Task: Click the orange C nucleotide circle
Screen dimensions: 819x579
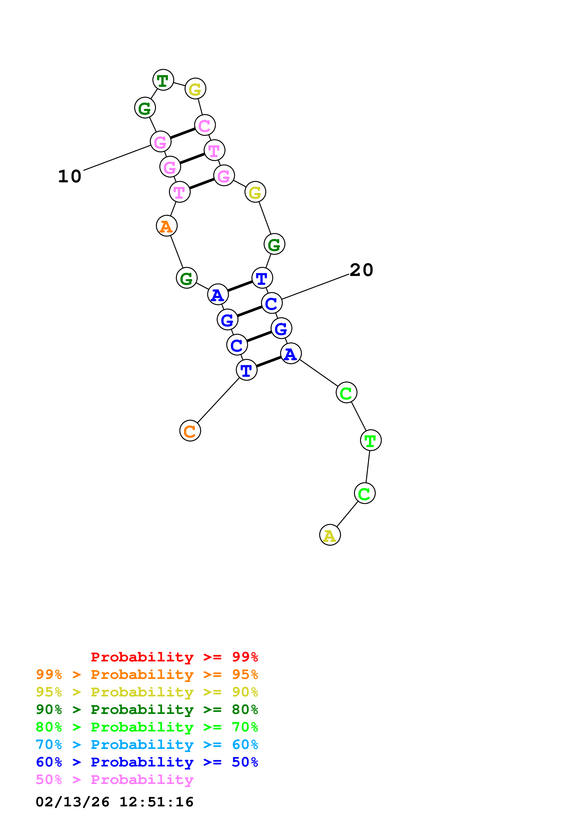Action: pyautogui.click(x=190, y=431)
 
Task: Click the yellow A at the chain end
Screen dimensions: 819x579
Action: pyautogui.click(x=330, y=535)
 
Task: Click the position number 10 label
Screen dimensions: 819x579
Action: pyautogui.click(x=70, y=176)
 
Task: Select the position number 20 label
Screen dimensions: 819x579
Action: pyautogui.click(x=361, y=270)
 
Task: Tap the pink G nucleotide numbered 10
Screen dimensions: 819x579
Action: pyautogui.click(x=160, y=142)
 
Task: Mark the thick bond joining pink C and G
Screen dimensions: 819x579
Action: pyautogui.click(x=183, y=133)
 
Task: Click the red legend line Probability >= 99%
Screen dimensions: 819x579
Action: pyautogui.click(x=174, y=657)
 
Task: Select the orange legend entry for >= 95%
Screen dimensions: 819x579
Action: pyautogui.click(x=147, y=674)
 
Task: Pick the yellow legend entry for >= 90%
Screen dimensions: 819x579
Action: pyautogui.click(x=147, y=692)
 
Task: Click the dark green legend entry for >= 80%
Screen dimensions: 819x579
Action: pyautogui.click(x=147, y=710)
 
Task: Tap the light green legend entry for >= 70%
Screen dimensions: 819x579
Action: pyautogui.click(x=147, y=727)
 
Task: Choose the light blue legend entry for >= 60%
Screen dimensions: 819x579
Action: pyautogui.click(x=147, y=745)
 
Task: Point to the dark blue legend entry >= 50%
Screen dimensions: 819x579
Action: pyautogui.click(x=147, y=762)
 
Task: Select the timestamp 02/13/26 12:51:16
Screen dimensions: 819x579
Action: pyautogui.click(x=114, y=802)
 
